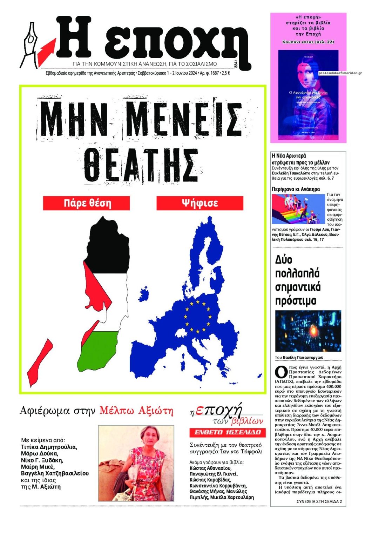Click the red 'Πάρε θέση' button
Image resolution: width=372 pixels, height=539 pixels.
pyautogui.click(x=86, y=203)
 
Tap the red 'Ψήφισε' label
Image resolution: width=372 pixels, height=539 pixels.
pyautogui.click(x=199, y=203)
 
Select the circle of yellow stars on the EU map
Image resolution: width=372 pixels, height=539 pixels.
pyautogui.click(x=197, y=316)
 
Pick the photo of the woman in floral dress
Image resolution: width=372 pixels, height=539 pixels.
pyautogui.click(x=136, y=463)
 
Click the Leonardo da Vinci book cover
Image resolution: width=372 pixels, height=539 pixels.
pyautogui.click(x=308, y=95)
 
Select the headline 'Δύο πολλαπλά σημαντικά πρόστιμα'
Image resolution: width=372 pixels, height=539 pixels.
pyautogui.click(x=298, y=280)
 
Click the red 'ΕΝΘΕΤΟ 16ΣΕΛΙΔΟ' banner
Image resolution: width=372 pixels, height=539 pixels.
pyautogui.click(x=228, y=432)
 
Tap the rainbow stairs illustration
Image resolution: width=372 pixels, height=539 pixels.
pyautogui.click(x=298, y=209)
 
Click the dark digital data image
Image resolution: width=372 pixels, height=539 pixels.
pyautogui.click(x=308, y=331)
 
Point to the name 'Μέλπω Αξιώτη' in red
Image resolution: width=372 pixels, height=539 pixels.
pyautogui.click(x=136, y=410)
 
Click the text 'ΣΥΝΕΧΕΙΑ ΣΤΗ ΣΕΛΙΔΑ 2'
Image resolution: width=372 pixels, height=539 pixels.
pyautogui.click(x=319, y=501)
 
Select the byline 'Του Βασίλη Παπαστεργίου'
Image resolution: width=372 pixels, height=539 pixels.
pyautogui.click(x=299, y=357)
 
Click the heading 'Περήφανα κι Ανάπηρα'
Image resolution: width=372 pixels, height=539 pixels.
pyautogui.click(x=296, y=189)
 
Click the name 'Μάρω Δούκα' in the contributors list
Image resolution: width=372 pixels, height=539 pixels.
pyautogui.click(x=40, y=454)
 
